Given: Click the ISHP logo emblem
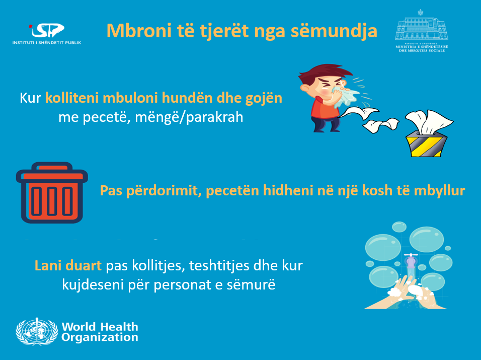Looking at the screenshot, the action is pos(47,30).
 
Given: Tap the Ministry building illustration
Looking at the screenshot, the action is pos(422,27).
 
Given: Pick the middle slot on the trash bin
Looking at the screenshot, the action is pos(52,201).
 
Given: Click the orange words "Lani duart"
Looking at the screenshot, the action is pos(68,266).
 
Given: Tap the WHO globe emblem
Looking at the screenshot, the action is pos(37,332).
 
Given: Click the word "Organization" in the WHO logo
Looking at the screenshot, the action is pos(100,337).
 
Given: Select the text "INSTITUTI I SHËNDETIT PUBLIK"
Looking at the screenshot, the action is pos(47,43).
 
